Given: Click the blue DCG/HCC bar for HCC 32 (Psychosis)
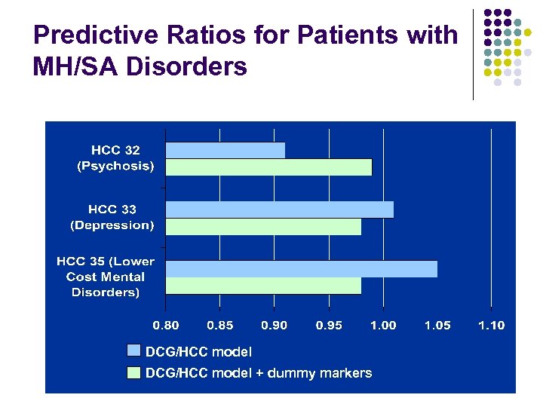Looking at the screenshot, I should [225, 151].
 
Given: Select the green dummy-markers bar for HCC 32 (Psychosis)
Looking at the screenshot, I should [268, 167].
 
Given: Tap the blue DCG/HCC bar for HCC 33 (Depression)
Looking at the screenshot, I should [279, 210].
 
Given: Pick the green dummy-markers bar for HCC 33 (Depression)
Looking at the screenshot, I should [263, 226].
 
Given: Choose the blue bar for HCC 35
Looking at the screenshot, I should [301, 269].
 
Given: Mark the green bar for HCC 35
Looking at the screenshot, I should [263, 286].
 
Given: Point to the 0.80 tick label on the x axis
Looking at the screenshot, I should [166, 326].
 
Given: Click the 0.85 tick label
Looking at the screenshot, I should [220, 326].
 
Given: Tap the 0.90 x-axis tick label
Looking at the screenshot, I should [275, 326].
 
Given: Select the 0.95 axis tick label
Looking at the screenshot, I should [329, 326].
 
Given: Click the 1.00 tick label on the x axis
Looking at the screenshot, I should [383, 326].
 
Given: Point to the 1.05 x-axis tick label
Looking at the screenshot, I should [437, 326].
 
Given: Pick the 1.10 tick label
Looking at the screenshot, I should [492, 326].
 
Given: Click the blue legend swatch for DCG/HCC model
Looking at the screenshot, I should [134, 350].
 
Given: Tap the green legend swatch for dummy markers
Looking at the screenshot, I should [134, 372].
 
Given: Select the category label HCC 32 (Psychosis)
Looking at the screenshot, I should [115, 158].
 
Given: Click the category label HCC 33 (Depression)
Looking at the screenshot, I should [112, 217].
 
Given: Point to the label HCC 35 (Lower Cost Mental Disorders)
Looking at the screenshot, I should [106, 277].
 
